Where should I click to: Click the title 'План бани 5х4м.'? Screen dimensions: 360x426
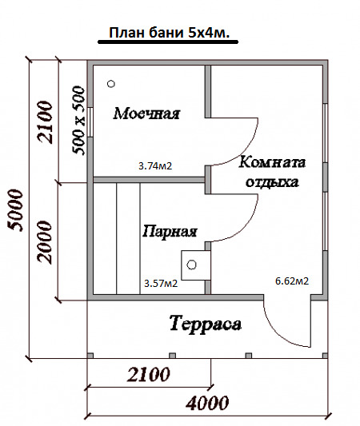coord(169,33)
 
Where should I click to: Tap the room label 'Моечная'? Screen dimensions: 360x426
coord(146,113)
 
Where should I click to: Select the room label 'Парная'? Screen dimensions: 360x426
coord(170,232)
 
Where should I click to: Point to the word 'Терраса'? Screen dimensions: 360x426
coord(206,324)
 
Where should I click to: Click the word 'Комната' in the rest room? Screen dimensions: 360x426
coord(272,162)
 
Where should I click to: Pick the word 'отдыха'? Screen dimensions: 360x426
coord(272,182)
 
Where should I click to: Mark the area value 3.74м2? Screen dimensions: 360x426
coord(155,165)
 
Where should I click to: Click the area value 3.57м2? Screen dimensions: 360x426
coord(161,284)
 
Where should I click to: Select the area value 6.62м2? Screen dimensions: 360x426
coord(292,281)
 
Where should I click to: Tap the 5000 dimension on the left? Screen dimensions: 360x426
coord(15,210)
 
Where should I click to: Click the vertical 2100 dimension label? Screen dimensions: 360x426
coord(45,122)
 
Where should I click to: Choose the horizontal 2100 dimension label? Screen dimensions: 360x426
coord(149,374)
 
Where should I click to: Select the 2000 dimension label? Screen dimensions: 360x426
coord(44,242)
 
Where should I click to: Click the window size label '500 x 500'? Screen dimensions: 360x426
coord(78,121)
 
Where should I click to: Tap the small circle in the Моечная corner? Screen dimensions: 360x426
coord(111,84)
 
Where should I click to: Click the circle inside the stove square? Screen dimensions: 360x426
coord(192,265)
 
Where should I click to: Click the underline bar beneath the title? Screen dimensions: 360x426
coord(168,42)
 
